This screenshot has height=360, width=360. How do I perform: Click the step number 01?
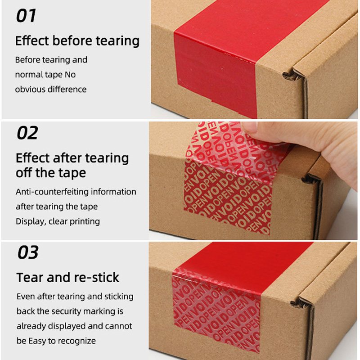click(x=26, y=16)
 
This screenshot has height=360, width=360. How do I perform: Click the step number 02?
click(x=27, y=133)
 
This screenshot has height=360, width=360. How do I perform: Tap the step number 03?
click(x=28, y=252)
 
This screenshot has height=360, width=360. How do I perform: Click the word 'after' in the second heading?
click(x=67, y=158)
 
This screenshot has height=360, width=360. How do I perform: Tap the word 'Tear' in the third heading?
click(x=30, y=277)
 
